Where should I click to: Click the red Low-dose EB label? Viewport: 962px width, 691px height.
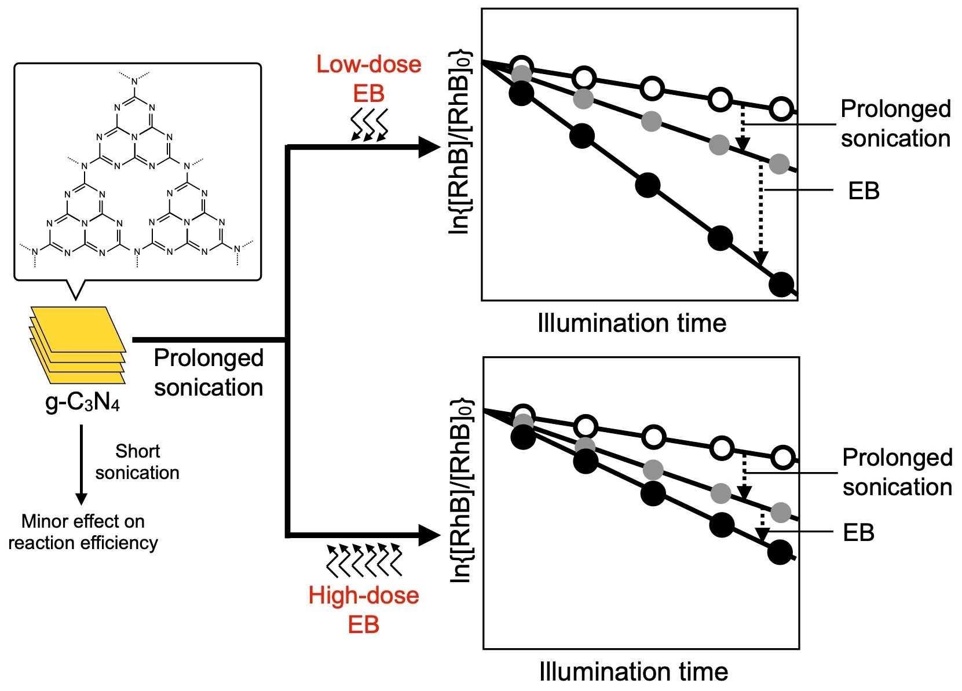click(369, 79)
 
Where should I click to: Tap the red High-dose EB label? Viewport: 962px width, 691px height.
click(364, 610)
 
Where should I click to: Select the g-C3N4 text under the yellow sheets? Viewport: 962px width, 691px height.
click(83, 401)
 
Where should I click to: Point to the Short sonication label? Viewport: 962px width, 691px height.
click(137, 462)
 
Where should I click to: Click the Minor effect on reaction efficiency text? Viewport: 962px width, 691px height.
click(83, 532)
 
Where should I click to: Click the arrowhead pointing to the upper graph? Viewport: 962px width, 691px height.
click(429, 147)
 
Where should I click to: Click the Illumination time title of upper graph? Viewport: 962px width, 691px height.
click(632, 323)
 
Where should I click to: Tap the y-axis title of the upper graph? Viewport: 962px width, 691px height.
click(460, 142)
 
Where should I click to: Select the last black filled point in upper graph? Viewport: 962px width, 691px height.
click(781, 284)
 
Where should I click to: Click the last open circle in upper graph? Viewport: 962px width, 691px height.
click(781, 109)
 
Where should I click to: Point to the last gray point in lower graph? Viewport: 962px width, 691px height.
click(781, 512)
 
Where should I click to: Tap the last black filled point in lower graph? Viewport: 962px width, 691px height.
click(780, 552)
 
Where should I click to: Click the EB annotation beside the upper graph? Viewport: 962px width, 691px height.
click(864, 191)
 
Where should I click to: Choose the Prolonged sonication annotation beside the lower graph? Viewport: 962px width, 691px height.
click(897, 472)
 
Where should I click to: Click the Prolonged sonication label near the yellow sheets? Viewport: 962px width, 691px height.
click(209, 372)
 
